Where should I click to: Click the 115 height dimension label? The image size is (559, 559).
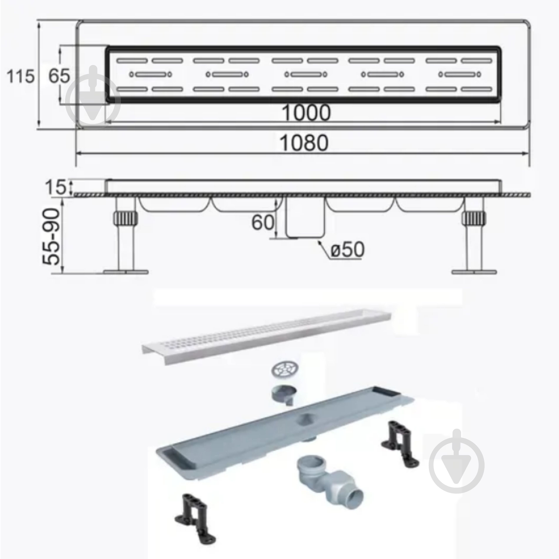click(x=20, y=77)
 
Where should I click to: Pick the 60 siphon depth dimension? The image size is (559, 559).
click(x=262, y=223)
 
